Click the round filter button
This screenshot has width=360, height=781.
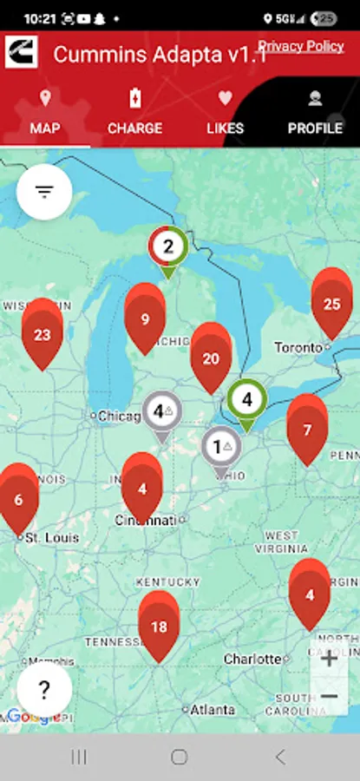pyautogui.click(x=44, y=191)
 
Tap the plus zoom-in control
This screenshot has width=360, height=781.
pyautogui.click(x=330, y=659)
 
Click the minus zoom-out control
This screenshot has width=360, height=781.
pyautogui.click(x=330, y=696)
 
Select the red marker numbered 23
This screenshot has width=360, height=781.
pyautogui.click(x=43, y=333)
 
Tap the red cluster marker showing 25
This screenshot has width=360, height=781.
pyautogui.click(x=331, y=303)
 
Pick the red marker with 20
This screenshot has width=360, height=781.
pyautogui.click(x=211, y=358)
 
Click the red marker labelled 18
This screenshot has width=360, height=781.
pyautogui.click(x=159, y=626)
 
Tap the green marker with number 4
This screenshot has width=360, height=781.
pyautogui.click(x=247, y=401)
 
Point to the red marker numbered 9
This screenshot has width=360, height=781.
pyautogui.click(x=145, y=318)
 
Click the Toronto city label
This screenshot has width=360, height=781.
pyautogui.click(x=298, y=347)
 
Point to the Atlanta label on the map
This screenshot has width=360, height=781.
pyautogui.click(x=213, y=709)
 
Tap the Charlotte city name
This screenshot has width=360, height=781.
pyautogui.click(x=252, y=660)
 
